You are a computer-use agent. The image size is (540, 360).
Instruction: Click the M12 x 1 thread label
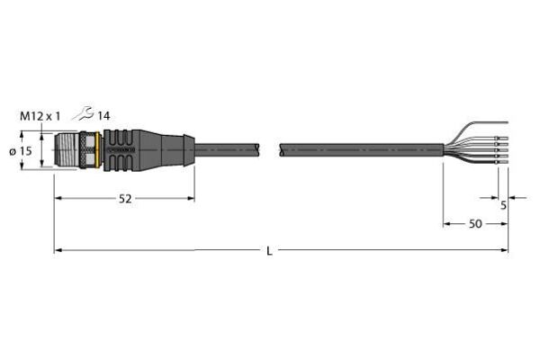click(40, 116)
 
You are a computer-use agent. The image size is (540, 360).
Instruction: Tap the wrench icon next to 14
click(83, 113)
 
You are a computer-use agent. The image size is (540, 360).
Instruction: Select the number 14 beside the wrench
click(103, 116)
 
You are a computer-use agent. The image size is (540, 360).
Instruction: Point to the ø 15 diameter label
click(21, 151)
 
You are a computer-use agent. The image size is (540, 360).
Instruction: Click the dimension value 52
click(125, 199)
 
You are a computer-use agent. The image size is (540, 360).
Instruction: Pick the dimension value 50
click(475, 224)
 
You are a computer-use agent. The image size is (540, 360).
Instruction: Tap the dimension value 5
click(503, 206)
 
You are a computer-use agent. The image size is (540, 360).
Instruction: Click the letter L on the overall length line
click(269, 251)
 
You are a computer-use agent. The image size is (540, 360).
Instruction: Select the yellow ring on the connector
click(99, 150)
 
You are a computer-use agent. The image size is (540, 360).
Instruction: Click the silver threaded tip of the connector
click(67, 150)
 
